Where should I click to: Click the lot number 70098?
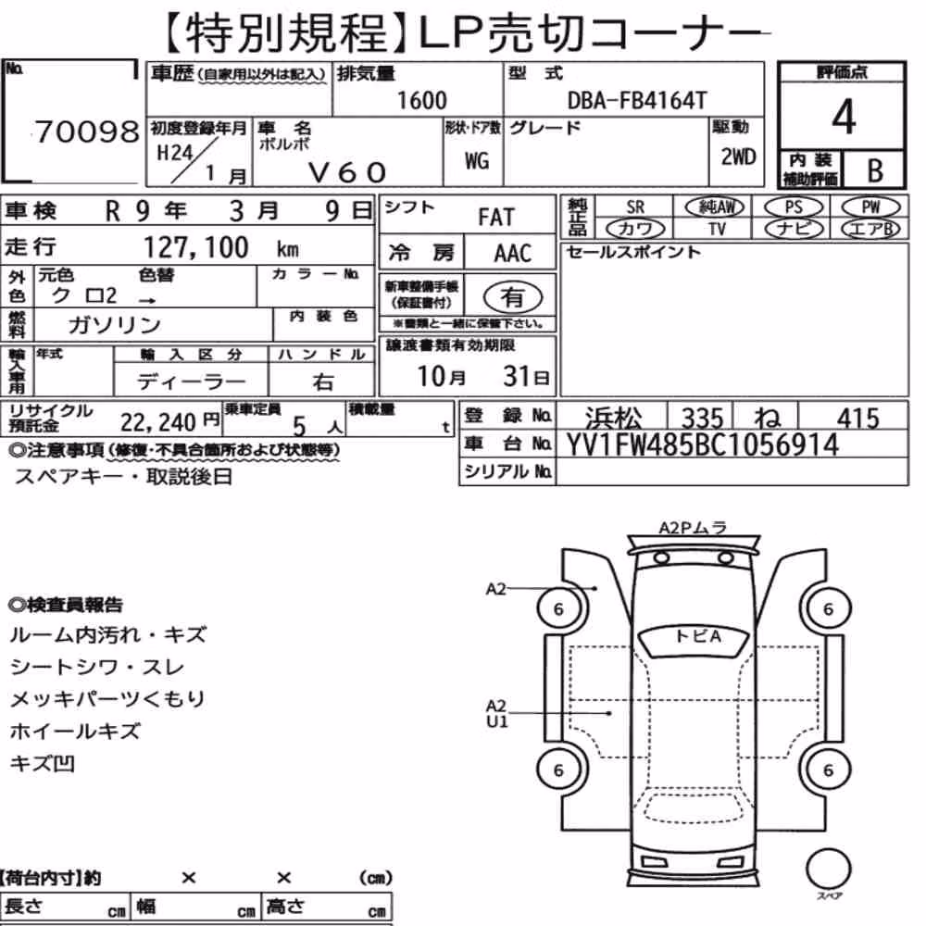[87, 131]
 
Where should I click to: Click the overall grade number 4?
[844, 117]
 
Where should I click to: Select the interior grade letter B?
[875, 170]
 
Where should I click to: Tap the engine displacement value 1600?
[421, 100]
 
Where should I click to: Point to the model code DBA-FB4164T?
[637, 100]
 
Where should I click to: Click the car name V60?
[347, 172]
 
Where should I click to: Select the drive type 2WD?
[738, 157]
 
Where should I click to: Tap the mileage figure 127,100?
[196, 247]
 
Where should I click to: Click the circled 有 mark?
[513, 296]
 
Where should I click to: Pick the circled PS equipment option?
[794, 207]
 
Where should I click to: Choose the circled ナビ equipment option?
[794, 229]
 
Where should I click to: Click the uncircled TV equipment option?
[717, 229]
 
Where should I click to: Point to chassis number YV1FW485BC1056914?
[702, 444]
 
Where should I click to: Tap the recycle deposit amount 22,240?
[157, 422]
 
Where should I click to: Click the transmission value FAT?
[496, 218]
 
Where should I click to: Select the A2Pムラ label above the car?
[692, 528]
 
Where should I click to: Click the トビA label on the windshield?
[698, 637]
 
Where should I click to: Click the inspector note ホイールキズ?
[75, 732]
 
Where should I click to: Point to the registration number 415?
[857, 419]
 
